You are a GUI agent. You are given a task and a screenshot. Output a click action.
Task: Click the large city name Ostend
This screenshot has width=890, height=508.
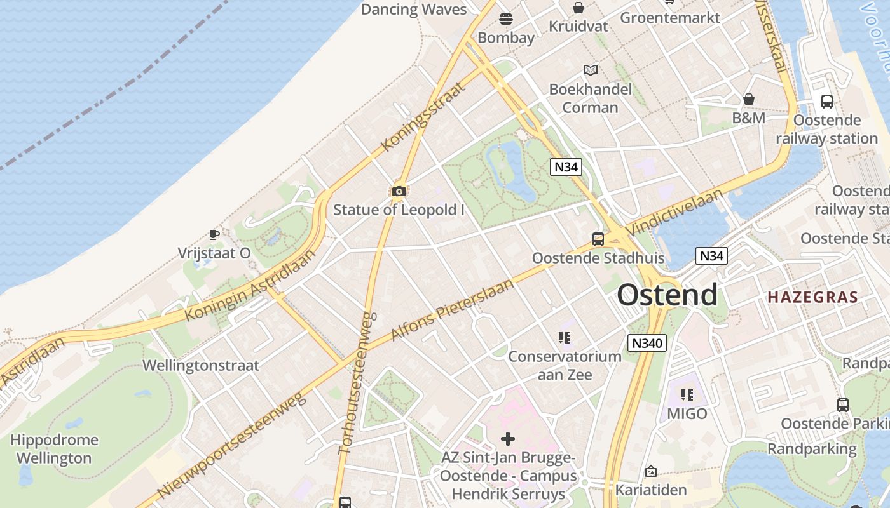pos(667,295)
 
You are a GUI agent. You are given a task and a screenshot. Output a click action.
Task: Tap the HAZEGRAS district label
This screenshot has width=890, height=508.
pos(812,297)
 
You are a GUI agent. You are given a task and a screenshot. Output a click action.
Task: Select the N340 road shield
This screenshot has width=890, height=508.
pos(647,344)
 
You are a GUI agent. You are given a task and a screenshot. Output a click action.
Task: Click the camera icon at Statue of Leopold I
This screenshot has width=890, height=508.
pos(399,191)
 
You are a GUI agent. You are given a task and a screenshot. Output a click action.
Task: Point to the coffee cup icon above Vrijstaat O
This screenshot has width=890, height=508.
pos(214,234)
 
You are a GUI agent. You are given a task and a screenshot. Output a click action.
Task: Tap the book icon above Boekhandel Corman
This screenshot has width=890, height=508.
pos(591,70)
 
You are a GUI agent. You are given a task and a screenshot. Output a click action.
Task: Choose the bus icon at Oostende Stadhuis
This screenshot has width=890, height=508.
pos(598,239)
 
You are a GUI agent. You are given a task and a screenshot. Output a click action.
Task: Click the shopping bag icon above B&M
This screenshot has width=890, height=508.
pos(749,99)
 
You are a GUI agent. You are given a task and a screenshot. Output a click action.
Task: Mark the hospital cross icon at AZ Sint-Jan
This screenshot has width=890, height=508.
pos(508,438)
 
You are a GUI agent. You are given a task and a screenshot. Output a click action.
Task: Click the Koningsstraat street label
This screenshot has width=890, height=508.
pos(423,116)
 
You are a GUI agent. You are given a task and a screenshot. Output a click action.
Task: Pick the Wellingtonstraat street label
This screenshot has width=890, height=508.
pos(201,366)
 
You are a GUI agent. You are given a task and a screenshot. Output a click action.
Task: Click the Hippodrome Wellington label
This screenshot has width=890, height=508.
pos(54,449)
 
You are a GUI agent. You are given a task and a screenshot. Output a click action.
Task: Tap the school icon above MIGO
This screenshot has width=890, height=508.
pos(687,395)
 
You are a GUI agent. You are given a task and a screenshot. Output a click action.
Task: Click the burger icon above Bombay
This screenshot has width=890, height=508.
pos(506,19)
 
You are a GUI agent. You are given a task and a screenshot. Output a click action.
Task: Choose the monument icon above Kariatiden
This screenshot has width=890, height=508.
pos(650,471)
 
